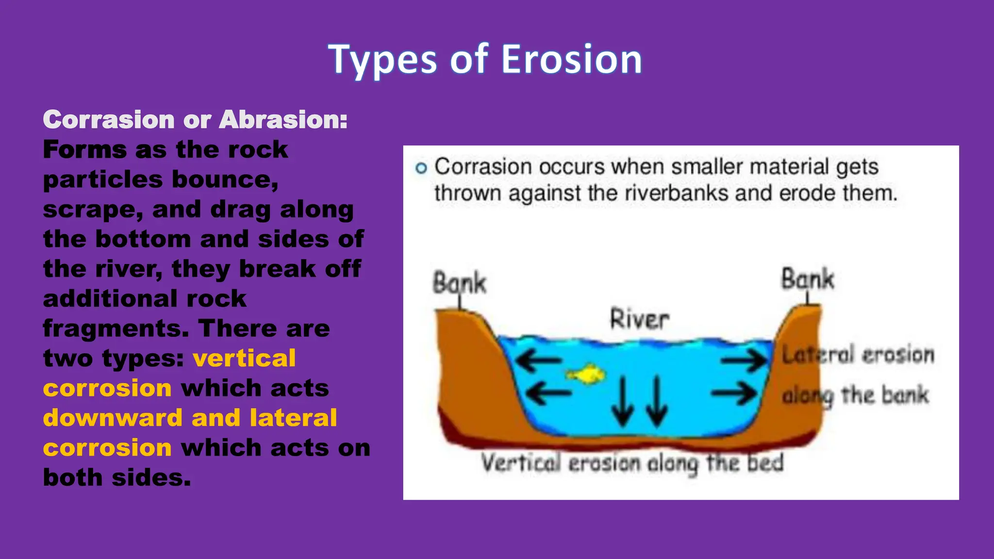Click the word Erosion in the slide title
point(571,59)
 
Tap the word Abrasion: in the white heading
point(283,119)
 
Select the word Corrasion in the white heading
point(109,119)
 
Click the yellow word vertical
point(244,358)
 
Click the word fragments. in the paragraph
point(116,328)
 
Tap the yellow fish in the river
point(586,374)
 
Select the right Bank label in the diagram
point(807,279)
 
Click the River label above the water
point(639,319)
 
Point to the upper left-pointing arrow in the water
point(538,361)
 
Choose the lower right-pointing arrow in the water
point(734,393)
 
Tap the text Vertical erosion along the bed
point(632,463)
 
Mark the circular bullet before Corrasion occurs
point(421,168)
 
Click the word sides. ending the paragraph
point(151,477)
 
